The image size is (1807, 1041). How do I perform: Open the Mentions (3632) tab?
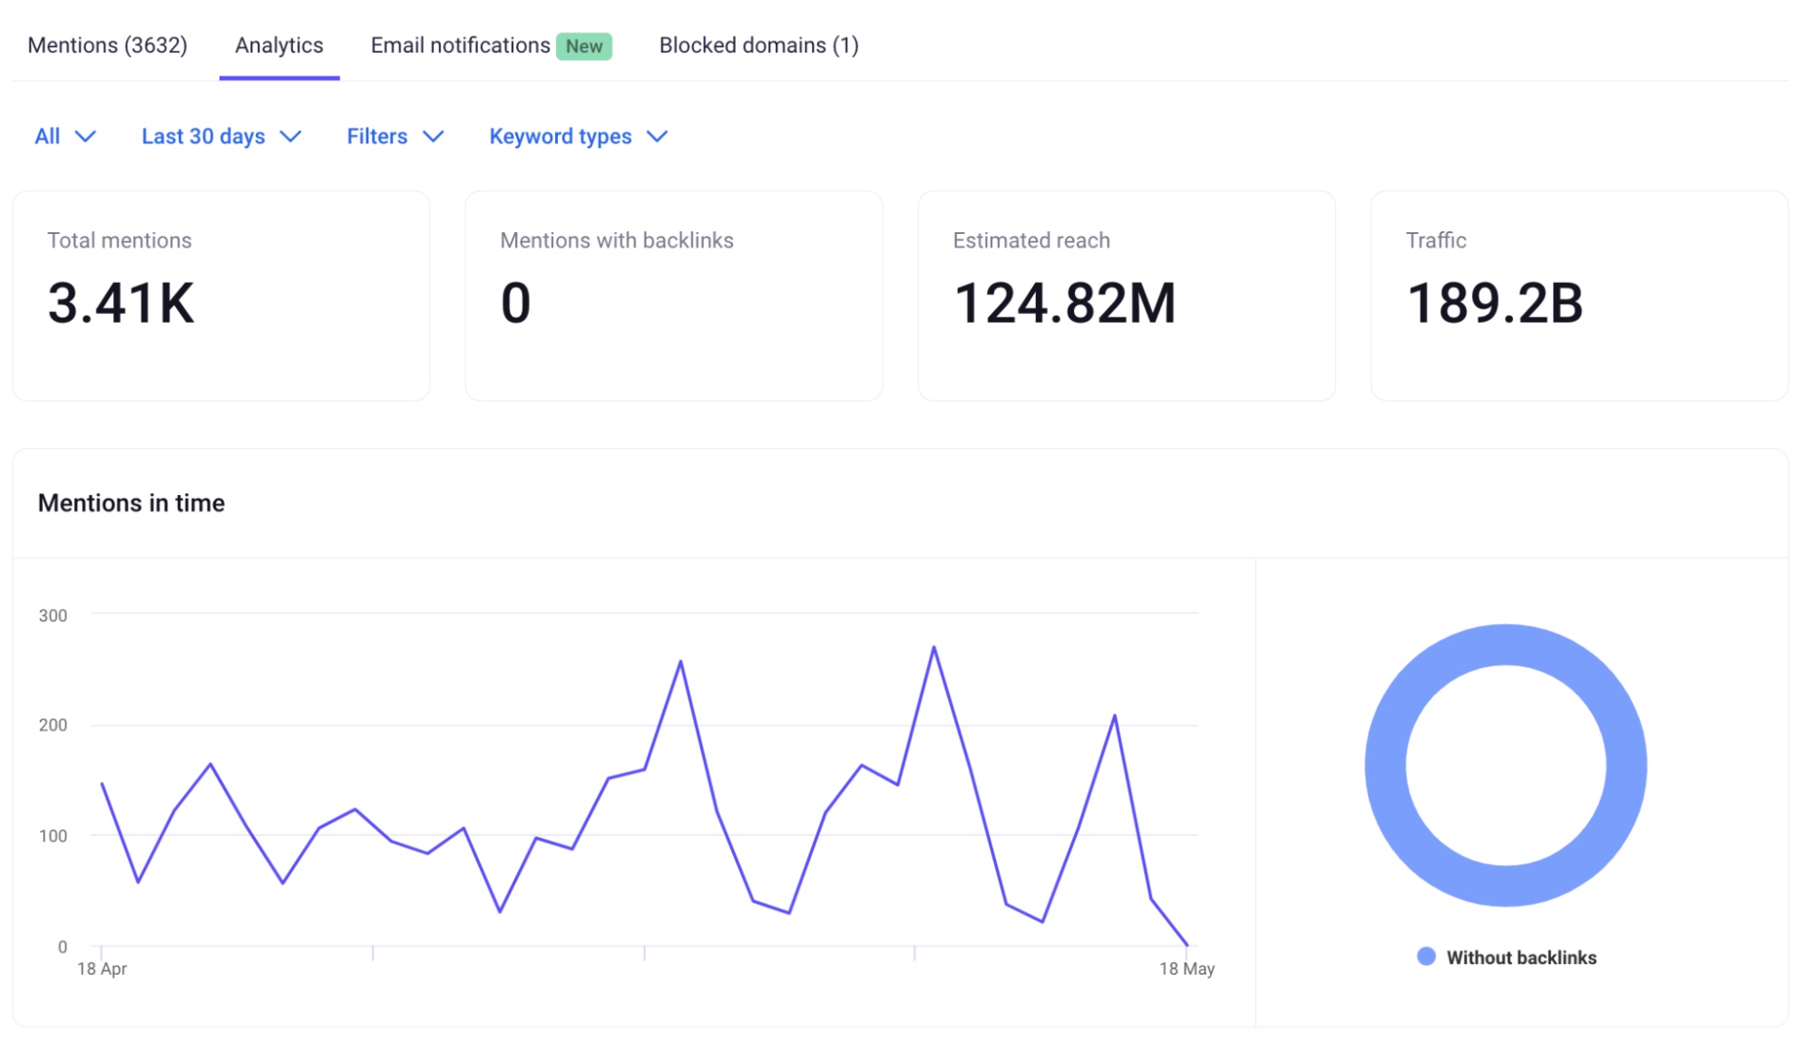click(x=107, y=45)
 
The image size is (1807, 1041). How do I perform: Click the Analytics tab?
click(x=278, y=45)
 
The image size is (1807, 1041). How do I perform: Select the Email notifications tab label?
click(x=460, y=45)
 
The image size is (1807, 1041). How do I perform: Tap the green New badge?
click(x=583, y=46)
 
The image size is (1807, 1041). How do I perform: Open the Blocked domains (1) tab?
click(x=758, y=45)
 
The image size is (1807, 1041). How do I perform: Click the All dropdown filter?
click(x=64, y=136)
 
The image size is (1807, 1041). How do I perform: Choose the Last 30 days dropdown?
click(x=220, y=136)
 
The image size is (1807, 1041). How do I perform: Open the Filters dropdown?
click(x=395, y=136)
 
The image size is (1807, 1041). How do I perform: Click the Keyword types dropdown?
click(x=578, y=136)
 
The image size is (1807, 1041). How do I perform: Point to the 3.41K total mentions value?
click(x=121, y=303)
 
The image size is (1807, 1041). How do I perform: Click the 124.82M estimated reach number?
click(x=1064, y=303)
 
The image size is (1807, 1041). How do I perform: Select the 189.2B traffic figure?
click(x=1494, y=303)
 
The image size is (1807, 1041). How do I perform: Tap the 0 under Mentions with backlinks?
click(x=515, y=303)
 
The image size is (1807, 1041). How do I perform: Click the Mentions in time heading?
click(x=132, y=503)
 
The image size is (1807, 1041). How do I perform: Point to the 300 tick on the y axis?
click(x=53, y=616)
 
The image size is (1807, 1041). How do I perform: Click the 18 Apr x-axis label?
click(x=102, y=968)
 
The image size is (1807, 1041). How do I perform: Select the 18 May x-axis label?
click(x=1187, y=968)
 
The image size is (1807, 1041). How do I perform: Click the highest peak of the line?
click(x=933, y=647)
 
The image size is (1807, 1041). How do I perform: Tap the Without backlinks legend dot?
click(x=1426, y=957)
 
